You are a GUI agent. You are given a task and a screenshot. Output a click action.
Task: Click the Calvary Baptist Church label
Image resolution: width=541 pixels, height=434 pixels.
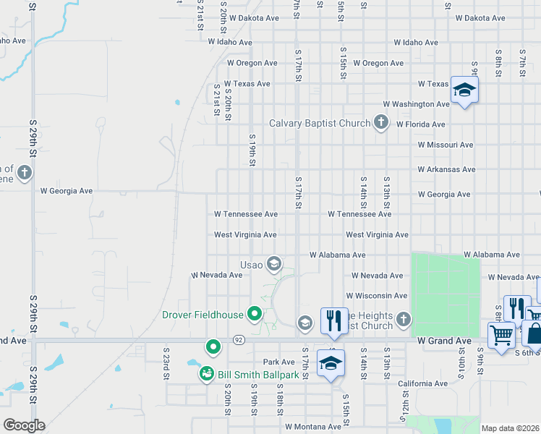click(319, 123)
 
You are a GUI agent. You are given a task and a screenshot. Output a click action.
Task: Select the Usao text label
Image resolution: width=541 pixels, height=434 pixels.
click(252, 265)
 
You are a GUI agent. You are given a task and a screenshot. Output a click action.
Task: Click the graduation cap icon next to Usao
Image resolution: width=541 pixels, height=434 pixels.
click(273, 263)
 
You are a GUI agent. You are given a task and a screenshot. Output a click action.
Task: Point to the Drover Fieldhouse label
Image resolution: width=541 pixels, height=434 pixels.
click(203, 315)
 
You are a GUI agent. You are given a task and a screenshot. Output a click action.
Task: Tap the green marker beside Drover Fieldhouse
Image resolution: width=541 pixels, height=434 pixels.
click(254, 314)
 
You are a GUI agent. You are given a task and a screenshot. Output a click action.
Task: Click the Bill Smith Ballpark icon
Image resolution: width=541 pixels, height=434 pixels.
click(206, 374)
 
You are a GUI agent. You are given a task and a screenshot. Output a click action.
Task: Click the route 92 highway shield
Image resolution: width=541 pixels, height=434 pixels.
click(238, 339)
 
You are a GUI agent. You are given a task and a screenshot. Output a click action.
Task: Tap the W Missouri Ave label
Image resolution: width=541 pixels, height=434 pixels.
click(446, 145)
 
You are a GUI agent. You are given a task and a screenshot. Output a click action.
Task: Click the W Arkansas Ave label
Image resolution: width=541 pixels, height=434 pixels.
click(446, 169)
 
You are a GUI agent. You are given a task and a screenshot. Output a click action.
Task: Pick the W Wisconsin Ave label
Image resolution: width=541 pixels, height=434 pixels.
click(376, 296)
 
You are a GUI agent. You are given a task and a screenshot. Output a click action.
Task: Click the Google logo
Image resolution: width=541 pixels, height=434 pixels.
click(24, 425)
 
